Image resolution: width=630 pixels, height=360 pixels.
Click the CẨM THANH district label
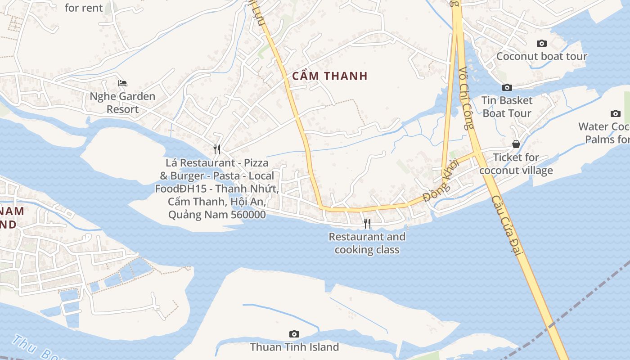point(330,76)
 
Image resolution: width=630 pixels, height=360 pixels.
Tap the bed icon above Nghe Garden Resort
point(122,83)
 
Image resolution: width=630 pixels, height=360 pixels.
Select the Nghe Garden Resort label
point(122,103)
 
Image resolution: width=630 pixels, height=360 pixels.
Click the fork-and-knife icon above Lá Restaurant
point(217,148)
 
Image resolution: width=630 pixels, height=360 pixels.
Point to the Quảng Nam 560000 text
point(217,215)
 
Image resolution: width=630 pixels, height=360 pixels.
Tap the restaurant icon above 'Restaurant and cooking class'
point(367,223)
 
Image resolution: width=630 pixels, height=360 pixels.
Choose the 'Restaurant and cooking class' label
point(367,243)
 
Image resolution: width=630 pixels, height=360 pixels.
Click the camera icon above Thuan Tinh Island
point(294,334)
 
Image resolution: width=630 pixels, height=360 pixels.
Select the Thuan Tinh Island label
point(294,347)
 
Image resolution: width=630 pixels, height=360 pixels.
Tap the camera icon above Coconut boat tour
point(542,44)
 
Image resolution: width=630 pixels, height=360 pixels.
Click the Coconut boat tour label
point(542,56)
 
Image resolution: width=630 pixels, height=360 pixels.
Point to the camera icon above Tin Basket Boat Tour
point(507,87)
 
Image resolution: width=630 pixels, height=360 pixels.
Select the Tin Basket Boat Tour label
point(507,107)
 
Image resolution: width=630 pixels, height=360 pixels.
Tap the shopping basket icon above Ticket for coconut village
point(516,144)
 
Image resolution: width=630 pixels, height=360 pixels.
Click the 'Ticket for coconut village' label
point(516,164)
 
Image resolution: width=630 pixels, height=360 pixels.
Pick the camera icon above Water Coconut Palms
point(615,113)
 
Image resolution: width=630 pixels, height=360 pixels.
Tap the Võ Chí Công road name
point(467,98)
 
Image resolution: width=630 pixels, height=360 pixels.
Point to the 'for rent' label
point(84,8)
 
